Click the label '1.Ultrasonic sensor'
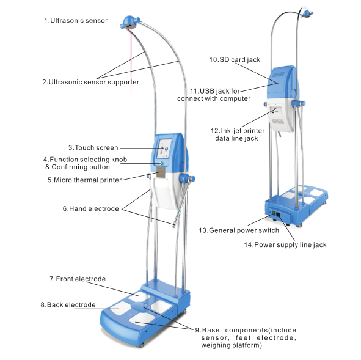click(76, 21)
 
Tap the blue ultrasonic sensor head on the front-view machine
click(130, 22)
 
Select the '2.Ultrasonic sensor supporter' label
click(90, 82)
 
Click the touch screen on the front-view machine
click(164, 149)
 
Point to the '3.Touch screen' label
click(93, 147)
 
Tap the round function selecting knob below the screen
click(162, 163)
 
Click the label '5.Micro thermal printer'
click(84, 180)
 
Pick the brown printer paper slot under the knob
click(161, 172)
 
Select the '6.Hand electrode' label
click(91, 208)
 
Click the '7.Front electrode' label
click(78, 279)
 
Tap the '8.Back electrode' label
click(68, 305)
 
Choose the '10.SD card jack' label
click(235, 59)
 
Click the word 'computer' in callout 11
click(235, 98)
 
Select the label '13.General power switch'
click(239, 230)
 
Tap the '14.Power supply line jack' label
click(285, 244)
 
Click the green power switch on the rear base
click(274, 213)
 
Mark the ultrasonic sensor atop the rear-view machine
click(306, 14)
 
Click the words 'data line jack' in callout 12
click(236, 138)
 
